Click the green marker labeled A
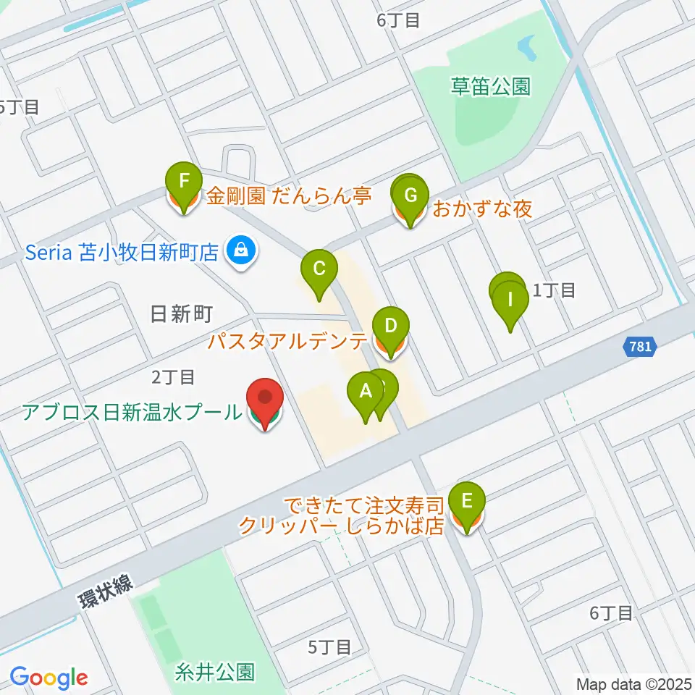click(366, 394)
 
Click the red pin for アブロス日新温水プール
click(265, 400)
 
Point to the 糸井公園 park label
click(215, 671)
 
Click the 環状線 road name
click(106, 593)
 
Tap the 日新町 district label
click(181, 314)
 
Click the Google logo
click(49, 678)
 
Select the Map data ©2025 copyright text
click(632, 683)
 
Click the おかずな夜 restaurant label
click(482, 210)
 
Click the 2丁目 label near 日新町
click(172, 377)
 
